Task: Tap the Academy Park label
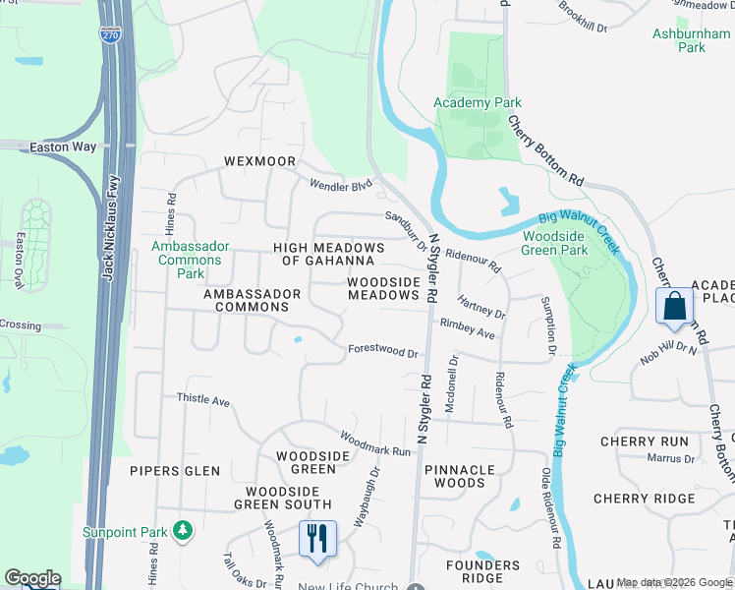[479, 102]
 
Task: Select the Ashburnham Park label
[692, 40]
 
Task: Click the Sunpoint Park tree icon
[182, 531]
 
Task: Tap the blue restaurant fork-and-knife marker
[317, 540]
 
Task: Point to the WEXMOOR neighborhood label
[258, 160]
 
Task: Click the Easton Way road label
[63, 147]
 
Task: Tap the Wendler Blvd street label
[341, 184]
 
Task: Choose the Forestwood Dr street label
[383, 351]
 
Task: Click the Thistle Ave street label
[202, 400]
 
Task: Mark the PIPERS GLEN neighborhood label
[175, 471]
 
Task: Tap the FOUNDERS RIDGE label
[482, 571]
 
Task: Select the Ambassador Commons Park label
[190, 260]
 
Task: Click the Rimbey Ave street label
[468, 328]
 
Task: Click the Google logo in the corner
[32, 578]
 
